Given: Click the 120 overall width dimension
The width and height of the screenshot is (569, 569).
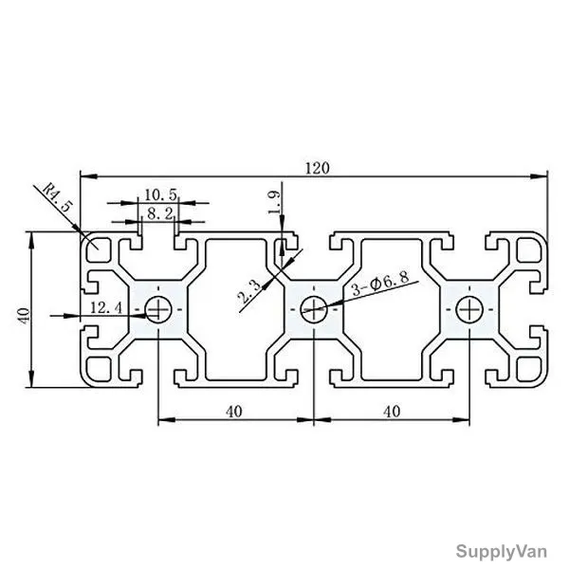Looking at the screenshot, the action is pos(318,169).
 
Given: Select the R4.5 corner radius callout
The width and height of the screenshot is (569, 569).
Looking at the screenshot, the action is pos(57,198).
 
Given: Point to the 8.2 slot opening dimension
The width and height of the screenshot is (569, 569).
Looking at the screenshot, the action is pos(160,214).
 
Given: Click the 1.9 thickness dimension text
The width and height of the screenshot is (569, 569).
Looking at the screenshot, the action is pos(274,203).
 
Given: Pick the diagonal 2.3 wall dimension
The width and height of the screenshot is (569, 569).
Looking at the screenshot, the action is pos(249,292).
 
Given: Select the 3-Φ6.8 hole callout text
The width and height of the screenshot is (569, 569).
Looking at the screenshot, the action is pos(380,283).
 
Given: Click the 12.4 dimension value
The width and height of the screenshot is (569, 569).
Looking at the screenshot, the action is pos(106,308).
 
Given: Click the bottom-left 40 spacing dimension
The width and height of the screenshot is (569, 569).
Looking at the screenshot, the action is pos(234,412).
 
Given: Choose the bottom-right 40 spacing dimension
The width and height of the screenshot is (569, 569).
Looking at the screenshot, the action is pos(392,412).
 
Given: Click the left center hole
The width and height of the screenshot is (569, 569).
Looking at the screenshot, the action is pos(158,309).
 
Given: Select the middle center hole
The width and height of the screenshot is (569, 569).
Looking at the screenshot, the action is pos(314,309).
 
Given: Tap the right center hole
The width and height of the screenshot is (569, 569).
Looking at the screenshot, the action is pos(469,309).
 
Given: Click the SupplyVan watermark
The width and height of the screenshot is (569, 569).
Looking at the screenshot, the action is pos(502,552).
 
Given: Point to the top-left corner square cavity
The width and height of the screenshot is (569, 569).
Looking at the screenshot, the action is pos(99,249).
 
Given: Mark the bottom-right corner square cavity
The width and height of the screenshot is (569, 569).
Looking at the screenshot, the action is pos(529,370).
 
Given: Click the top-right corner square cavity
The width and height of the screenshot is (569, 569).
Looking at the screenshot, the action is pos(529,249).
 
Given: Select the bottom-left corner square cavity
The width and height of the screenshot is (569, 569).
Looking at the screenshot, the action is pos(99,370).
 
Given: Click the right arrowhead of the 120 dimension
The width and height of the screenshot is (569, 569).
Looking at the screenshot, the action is pos(540,176).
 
